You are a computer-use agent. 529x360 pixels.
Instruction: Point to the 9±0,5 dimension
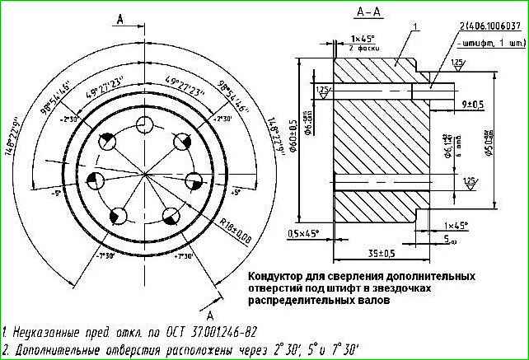tap(473, 104)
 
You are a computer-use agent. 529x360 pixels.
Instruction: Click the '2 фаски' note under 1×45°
tap(363, 48)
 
